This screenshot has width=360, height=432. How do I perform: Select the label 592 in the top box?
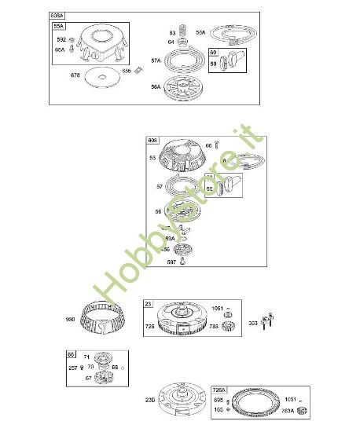click(60, 38)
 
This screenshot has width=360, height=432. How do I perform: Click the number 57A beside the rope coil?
click(156, 60)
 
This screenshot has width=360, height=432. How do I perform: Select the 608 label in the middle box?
click(153, 141)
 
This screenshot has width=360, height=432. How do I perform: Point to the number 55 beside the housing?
click(152, 158)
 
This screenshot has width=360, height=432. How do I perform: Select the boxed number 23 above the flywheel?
click(148, 302)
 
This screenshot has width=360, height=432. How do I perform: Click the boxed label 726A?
click(220, 390)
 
